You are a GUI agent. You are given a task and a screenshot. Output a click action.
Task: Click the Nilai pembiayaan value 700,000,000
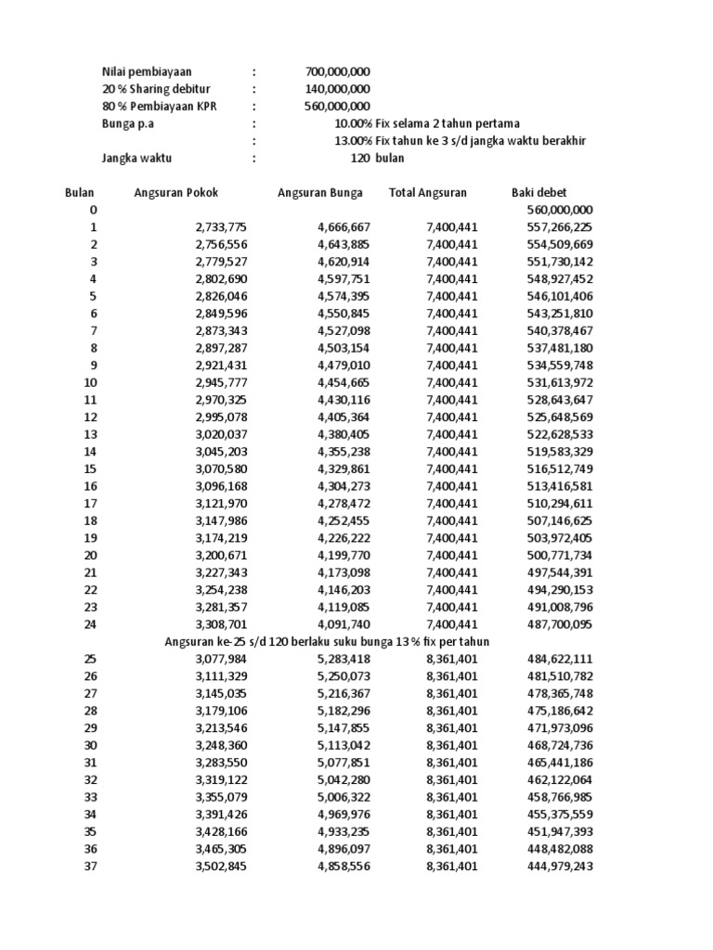coord(338,71)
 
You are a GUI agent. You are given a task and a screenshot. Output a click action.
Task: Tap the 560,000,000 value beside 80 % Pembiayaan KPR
coord(338,107)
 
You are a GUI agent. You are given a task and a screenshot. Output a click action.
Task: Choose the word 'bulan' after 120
coord(391,158)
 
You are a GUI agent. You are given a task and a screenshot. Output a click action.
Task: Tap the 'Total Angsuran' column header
coord(428,193)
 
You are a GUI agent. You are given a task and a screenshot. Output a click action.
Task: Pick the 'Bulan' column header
coord(80,193)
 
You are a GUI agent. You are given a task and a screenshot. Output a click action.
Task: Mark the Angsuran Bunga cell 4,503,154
coord(344,347)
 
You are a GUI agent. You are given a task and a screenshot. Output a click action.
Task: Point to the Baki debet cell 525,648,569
coord(557,416)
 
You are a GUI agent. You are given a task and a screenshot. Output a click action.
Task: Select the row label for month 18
coord(90,520)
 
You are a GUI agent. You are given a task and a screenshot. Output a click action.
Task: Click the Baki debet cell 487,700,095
coord(557,624)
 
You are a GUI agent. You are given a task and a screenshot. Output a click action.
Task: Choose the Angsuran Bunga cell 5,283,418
coord(344,660)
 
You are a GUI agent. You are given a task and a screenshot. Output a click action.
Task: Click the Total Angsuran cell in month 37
coord(452,867)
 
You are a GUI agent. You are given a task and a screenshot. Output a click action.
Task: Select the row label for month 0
coord(92,211)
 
